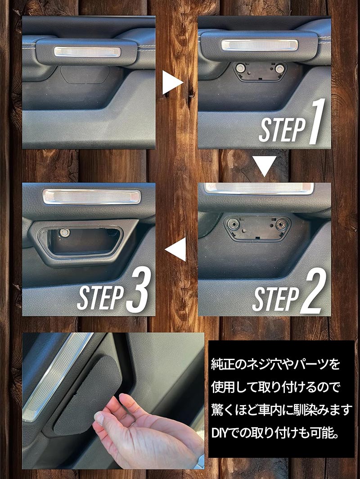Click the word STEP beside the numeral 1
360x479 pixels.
coord(282,130)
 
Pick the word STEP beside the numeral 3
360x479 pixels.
coord(100,298)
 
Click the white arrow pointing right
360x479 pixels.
coord(172,82)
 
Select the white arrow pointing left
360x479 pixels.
coord(176,249)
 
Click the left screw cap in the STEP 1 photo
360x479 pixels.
coord(240,68)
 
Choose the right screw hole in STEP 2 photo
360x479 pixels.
coord(280,225)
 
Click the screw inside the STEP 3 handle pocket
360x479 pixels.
coord(64,233)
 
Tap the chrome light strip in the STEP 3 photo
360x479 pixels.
coord(92,196)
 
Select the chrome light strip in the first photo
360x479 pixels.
coord(87,52)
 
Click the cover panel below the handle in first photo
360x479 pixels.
coord(85,75)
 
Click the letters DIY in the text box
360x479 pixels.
coord(221,433)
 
